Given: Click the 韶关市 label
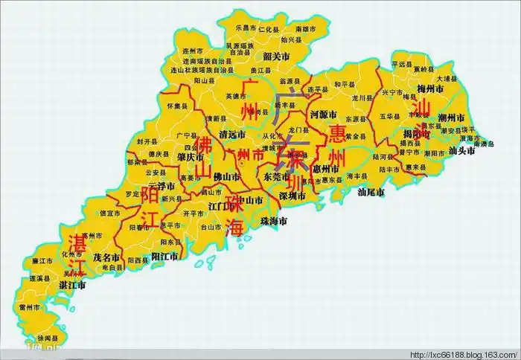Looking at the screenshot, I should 276,55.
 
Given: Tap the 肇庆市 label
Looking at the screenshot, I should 191,157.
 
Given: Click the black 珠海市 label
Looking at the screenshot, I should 272,221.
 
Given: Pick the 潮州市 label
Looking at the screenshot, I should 451,118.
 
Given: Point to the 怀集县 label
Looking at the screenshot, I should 177,106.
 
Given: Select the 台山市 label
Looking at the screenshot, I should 211,227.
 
